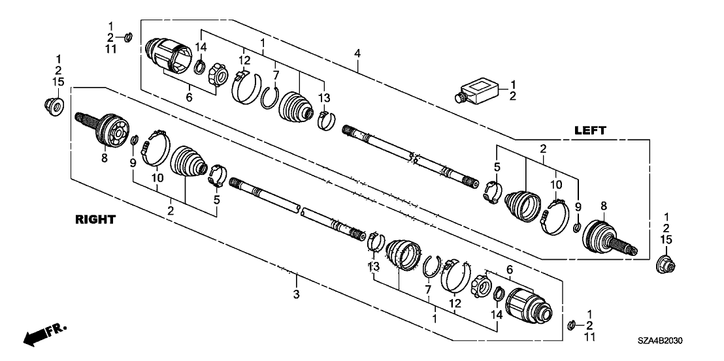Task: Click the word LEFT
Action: point(591,131)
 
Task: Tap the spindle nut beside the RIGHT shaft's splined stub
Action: point(53,104)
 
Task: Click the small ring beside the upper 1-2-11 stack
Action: point(129,35)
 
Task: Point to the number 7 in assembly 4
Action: point(276,74)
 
